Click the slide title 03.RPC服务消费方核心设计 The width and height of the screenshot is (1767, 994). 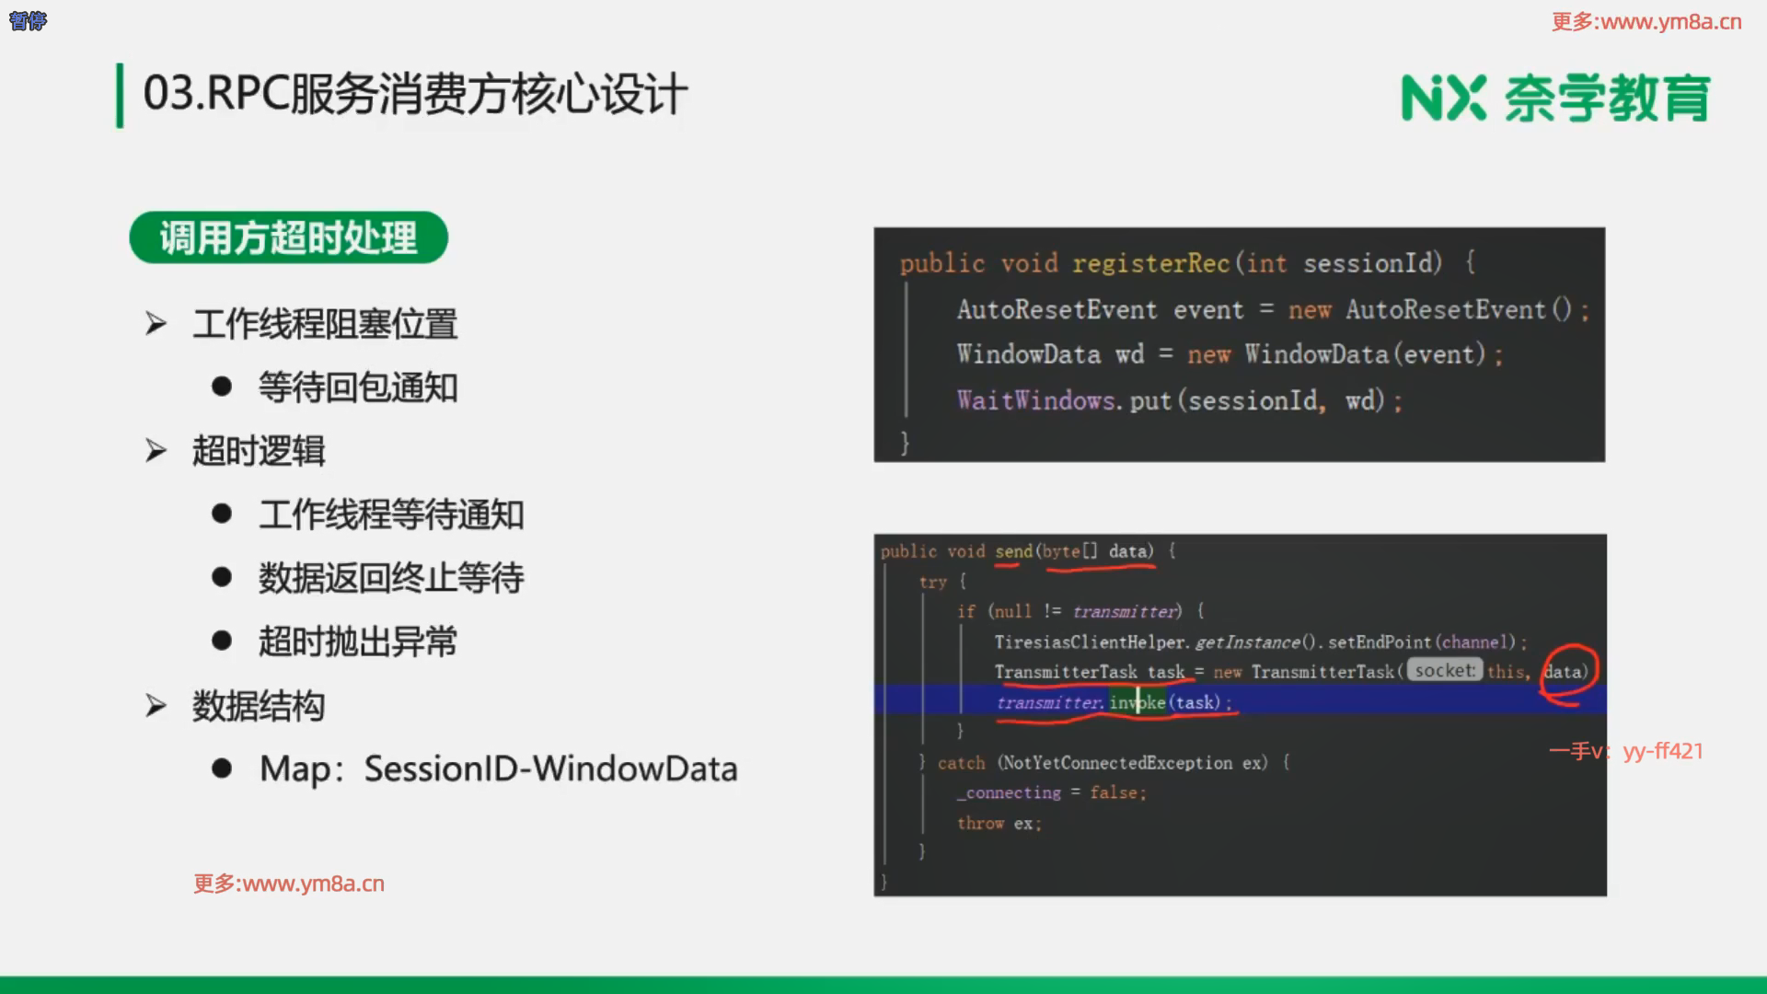click(x=415, y=94)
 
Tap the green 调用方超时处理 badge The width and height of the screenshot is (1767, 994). click(x=288, y=237)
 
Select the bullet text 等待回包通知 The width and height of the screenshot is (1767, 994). click(x=358, y=387)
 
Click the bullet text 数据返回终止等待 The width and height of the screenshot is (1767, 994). click(x=391, y=578)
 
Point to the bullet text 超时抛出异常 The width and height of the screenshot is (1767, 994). click(x=358, y=641)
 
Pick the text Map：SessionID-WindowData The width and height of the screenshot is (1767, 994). click(x=499, y=769)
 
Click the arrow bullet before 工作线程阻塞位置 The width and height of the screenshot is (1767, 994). click(x=156, y=324)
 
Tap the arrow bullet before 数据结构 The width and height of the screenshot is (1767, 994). click(x=156, y=706)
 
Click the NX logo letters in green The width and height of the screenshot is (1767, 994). click(x=1443, y=98)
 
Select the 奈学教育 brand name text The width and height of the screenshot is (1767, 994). click(x=1608, y=98)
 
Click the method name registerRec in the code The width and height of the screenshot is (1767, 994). click(x=1151, y=263)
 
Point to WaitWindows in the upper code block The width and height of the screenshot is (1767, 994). click(x=1035, y=400)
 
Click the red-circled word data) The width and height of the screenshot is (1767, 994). click(x=1566, y=672)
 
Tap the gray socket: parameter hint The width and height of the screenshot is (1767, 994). click(x=1445, y=671)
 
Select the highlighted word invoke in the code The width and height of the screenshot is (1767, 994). click(x=1138, y=702)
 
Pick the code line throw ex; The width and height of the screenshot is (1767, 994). click(x=999, y=824)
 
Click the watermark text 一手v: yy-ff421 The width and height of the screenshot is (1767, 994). click(x=1626, y=751)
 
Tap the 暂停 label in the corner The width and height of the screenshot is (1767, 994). click(x=28, y=21)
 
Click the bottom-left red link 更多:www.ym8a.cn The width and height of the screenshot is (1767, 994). click(x=289, y=884)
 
